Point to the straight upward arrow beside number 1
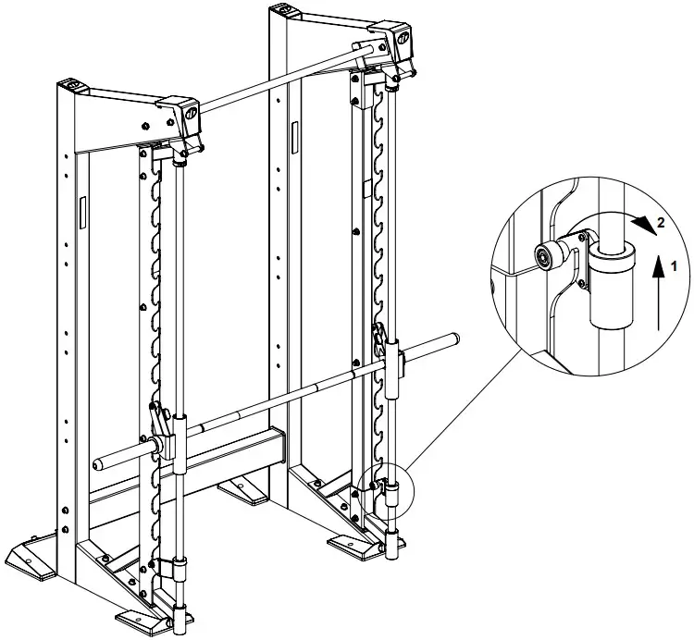pyautogui.click(x=658, y=291)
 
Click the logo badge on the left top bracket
pyautogui.click(x=189, y=116)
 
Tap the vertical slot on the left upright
pyautogui.click(x=82, y=212)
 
